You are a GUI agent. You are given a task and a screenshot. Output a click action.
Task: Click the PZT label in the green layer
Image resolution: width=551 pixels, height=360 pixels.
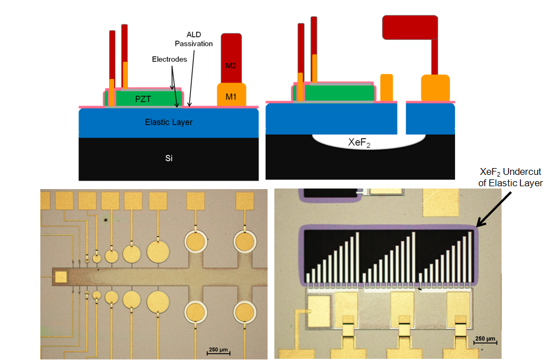coord(143,98)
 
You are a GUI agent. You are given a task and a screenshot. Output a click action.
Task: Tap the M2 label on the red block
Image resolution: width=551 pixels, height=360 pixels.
coord(231,66)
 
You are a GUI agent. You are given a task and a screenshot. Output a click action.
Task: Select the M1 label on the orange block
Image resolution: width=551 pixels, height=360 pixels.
coord(231,97)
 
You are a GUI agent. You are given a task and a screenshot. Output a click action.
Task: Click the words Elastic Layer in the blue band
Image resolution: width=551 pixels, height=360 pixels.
coord(169,122)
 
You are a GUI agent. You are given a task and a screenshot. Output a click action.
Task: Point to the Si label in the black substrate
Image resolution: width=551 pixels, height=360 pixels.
coord(169,158)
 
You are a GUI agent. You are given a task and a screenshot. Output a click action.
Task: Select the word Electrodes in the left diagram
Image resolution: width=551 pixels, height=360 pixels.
coord(169,59)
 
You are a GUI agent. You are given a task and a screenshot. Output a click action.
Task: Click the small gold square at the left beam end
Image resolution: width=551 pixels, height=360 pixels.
coord(60,277)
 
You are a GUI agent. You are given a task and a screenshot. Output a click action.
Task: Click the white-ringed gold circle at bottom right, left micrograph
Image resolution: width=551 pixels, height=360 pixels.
coord(245,312)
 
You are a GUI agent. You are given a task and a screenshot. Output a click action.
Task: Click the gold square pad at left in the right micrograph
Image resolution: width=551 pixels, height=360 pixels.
coord(318,309)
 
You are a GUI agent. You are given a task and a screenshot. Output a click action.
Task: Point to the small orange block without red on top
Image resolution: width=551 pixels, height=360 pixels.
coord(386,87)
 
